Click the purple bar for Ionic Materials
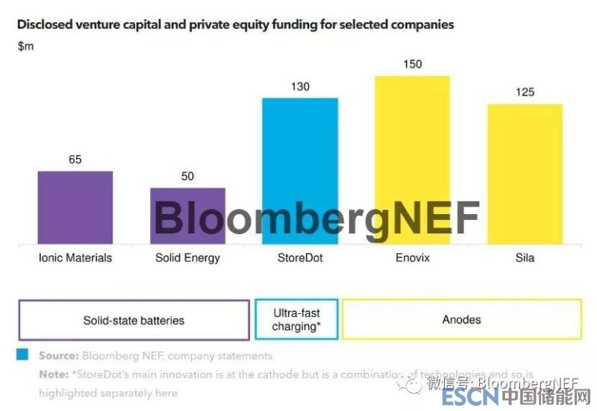[x=75, y=207]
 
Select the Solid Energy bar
[x=187, y=216]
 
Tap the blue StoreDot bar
[x=300, y=171]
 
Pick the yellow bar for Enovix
[x=412, y=160]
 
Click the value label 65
[x=75, y=160]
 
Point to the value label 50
[x=187, y=176]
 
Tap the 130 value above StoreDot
[x=300, y=87]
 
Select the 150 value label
[x=412, y=64]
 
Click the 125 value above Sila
[x=525, y=92]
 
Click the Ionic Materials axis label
[x=75, y=258]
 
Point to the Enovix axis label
[x=412, y=258]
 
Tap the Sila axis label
[x=525, y=258]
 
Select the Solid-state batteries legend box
[x=134, y=320]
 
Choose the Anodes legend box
[x=461, y=319]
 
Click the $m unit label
[x=25, y=46]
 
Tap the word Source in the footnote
[x=58, y=356]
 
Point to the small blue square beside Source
[x=23, y=354]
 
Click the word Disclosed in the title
[x=44, y=25]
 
